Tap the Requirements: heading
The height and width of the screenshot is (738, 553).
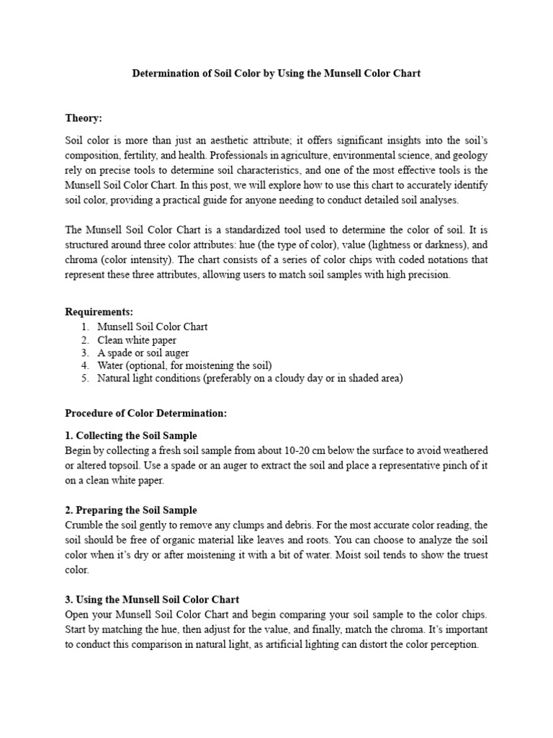pyautogui.click(x=99, y=311)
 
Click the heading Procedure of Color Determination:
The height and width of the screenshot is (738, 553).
pyautogui.click(x=145, y=413)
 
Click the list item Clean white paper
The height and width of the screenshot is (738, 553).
pyautogui.click(x=137, y=339)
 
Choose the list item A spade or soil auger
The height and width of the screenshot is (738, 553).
pyautogui.click(x=143, y=352)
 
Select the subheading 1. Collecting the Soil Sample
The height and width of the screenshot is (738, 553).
pyautogui.click(x=131, y=436)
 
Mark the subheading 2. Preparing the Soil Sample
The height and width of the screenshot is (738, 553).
pyautogui.click(x=131, y=510)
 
